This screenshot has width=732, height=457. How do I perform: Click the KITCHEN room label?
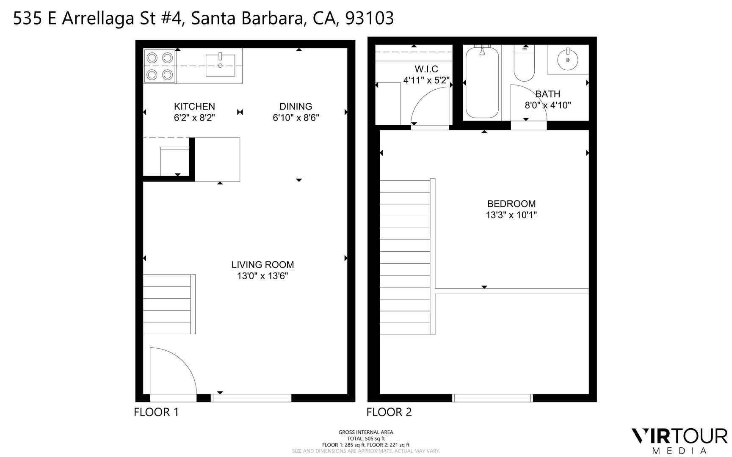click(x=194, y=107)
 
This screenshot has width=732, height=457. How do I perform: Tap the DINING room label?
click(x=296, y=107)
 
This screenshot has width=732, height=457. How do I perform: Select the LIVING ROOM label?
click(x=262, y=265)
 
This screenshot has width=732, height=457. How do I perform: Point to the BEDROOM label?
click(x=511, y=204)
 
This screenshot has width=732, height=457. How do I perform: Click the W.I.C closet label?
click(x=426, y=69)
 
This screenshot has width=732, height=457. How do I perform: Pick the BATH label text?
click(x=548, y=94)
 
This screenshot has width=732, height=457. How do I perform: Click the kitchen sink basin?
click(x=220, y=66)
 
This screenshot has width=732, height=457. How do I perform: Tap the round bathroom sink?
click(x=567, y=60)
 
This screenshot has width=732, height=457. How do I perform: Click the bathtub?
click(x=482, y=82)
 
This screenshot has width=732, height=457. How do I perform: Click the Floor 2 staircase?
click(x=406, y=257)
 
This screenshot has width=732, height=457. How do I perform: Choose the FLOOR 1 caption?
click(x=156, y=412)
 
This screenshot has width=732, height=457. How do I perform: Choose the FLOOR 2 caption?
click(x=389, y=412)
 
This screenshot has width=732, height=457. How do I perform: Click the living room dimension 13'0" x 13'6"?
click(x=262, y=276)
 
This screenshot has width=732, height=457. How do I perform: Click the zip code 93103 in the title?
click(x=370, y=19)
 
